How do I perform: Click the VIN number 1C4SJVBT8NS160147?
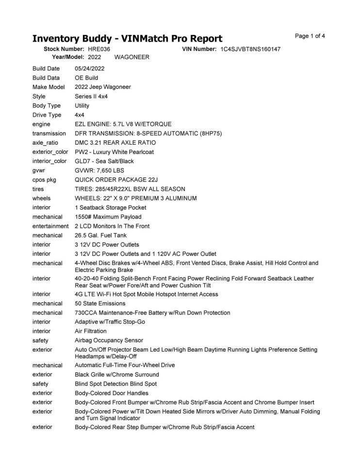(x=250, y=49)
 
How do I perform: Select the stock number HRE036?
(x=99, y=49)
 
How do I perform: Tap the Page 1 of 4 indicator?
(x=310, y=36)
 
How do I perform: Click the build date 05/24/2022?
(x=90, y=68)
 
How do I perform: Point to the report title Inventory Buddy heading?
(x=127, y=38)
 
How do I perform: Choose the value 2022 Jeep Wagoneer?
(x=103, y=87)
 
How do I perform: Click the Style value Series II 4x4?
(x=91, y=96)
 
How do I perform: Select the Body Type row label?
(x=47, y=105)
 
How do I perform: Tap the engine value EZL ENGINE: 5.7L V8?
(x=123, y=124)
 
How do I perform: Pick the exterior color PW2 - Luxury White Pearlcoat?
(x=114, y=151)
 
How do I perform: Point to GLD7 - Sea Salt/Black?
(x=104, y=161)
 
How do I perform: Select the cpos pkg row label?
(x=45, y=179)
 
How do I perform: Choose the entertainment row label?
(x=50, y=226)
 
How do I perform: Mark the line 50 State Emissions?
(x=100, y=303)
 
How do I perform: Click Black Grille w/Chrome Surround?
(x=117, y=375)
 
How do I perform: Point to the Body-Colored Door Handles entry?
(x=112, y=393)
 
